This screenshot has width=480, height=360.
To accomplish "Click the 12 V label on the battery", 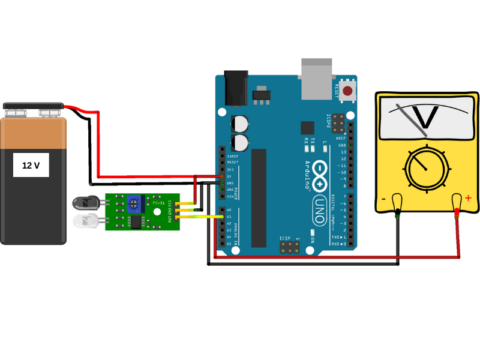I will click(x=31, y=165).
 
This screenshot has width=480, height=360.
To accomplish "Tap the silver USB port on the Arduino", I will click(x=316, y=79).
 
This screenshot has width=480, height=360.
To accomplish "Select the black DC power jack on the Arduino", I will click(x=236, y=88).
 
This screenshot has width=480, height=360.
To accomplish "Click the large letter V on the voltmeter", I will click(x=427, y=118).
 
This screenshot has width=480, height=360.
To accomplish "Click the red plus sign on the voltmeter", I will click(x=468, y=198).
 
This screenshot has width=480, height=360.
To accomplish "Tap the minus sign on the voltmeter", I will click(x=383, y=199).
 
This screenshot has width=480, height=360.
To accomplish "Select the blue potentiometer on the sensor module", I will click(x=135, y=203).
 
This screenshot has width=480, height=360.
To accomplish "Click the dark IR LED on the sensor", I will click(x=83, y=203).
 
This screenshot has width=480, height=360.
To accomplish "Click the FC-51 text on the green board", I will click(x=158, y=203).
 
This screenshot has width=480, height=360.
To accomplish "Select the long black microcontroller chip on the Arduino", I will click(x=259, y=198).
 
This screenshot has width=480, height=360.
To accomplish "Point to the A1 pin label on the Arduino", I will click(x=229, y=217).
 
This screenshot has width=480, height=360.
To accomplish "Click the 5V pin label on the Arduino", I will click(x=229, y=176).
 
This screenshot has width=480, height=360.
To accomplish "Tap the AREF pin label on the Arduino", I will click(x=341, y=138).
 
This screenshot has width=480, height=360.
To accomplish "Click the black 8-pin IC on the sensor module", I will click(x=137, y=222).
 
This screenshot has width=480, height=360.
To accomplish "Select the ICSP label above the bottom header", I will click(x=284, y=239).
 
